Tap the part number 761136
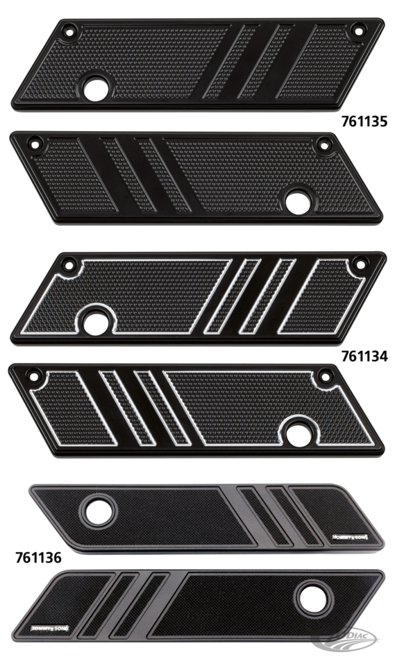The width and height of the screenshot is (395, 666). click(39, 556)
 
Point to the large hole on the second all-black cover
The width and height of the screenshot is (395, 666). click(301, 197)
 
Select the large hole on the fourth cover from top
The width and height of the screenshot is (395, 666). click(300, 429)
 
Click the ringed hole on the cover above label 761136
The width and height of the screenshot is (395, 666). click(96, 505)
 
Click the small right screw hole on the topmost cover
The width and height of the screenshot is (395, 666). click(358, 30)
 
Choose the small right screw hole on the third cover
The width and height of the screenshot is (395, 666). click(358, 264)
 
